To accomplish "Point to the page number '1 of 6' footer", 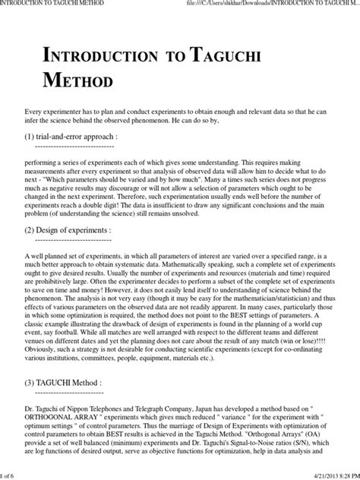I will click(x=11, y=474).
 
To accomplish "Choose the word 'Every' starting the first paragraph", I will click(x=33, y=111).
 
